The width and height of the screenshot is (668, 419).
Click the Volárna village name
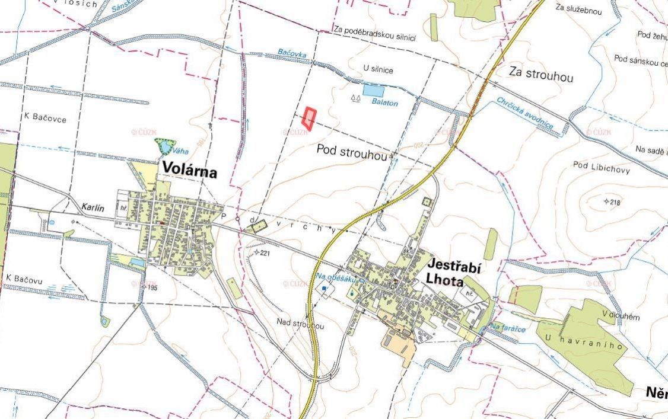[x=187, y=172]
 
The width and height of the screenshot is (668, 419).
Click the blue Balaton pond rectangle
[x=373, y=91]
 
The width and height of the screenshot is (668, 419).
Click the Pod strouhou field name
[x=352, y=150]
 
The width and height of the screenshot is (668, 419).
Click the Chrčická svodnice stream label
[x=525, y=113]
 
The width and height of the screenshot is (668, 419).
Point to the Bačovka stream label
[x=292, y=53]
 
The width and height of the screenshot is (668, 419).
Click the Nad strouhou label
[x=301, y=324]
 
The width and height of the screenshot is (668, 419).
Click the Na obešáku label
[x=336, y=277]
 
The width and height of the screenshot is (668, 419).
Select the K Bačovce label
[x=44, y=118]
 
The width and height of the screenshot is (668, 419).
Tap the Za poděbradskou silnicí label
[x=374, y=34]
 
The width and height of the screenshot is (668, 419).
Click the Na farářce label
[x=507, y=328]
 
